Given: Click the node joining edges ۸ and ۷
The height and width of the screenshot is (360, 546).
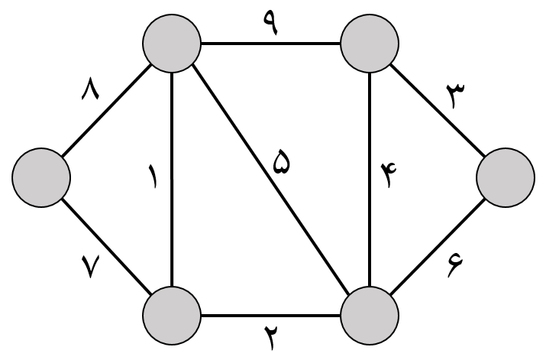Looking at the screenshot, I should point(41,177).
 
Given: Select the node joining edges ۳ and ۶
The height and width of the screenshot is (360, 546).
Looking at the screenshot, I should point(505,177).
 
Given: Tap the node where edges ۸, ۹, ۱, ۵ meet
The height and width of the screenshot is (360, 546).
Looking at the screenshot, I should point(172,44).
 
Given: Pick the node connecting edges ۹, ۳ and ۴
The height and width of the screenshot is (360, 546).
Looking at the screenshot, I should point(370,44).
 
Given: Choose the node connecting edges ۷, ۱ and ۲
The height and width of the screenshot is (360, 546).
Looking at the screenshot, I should point(172,315).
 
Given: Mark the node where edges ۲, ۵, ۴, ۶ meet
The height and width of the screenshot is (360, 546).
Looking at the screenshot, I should point(370,315).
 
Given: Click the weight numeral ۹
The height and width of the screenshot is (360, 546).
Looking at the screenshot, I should point(271,24).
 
